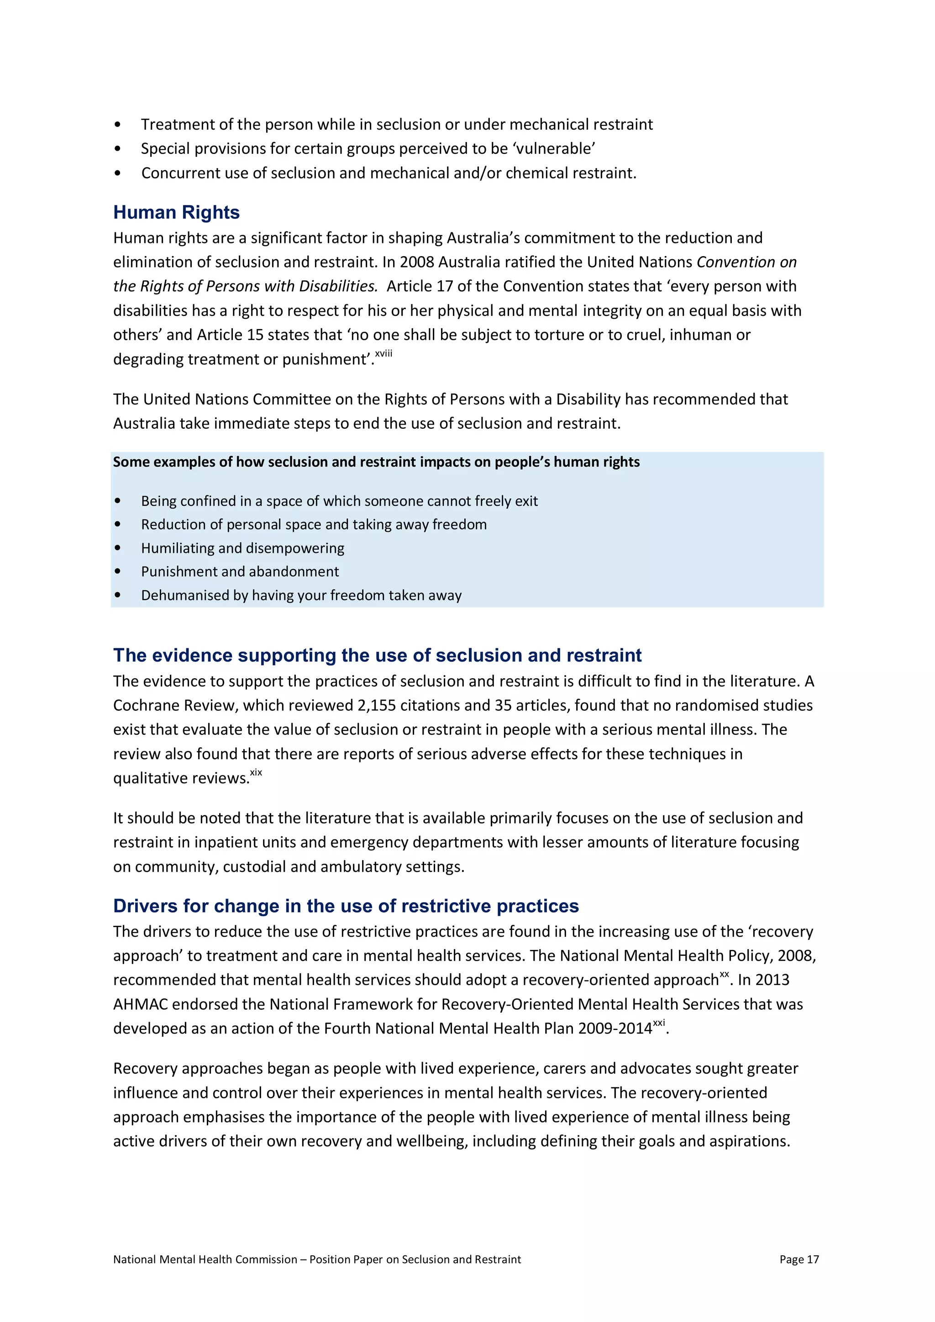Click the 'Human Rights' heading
pyautogui.click(x=176, y=212)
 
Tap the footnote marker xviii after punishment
pyautogui.click(x=383, y=353)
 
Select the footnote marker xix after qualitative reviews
pyautogui.click(x=256, y=773)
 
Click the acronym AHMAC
pyautogui.click(x=140, y=1004)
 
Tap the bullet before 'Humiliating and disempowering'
pyautogui.click(x=118, y=548)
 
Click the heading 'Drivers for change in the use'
pyautogui.click(x=346, y=906)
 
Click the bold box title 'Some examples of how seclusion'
pyautogui.click(x=376, y=462)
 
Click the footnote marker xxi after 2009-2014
pyautogui.click(x=659, y=1023)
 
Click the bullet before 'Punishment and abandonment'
pyautogui.click(x=118, y=572)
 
